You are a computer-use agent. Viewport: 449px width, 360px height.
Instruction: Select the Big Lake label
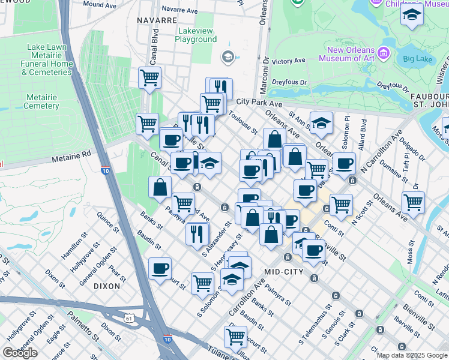(417, 59)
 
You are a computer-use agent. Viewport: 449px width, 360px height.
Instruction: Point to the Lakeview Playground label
(196, 35)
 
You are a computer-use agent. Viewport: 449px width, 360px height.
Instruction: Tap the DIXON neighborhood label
(107, 286)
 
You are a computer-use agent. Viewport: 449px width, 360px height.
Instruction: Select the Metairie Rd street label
(70, 154)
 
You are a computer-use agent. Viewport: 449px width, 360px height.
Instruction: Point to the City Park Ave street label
(259, 102)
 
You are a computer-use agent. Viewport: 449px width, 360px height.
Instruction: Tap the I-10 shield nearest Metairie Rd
(105, 170)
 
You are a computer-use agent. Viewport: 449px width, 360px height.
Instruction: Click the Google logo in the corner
(20, 353)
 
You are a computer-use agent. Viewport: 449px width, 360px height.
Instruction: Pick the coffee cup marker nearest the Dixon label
(160, 269)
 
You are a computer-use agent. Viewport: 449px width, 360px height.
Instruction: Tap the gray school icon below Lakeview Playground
(228, 58)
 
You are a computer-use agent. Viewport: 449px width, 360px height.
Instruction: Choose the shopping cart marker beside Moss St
(413, 203)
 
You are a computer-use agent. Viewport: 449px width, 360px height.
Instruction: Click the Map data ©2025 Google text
(412, 355)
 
